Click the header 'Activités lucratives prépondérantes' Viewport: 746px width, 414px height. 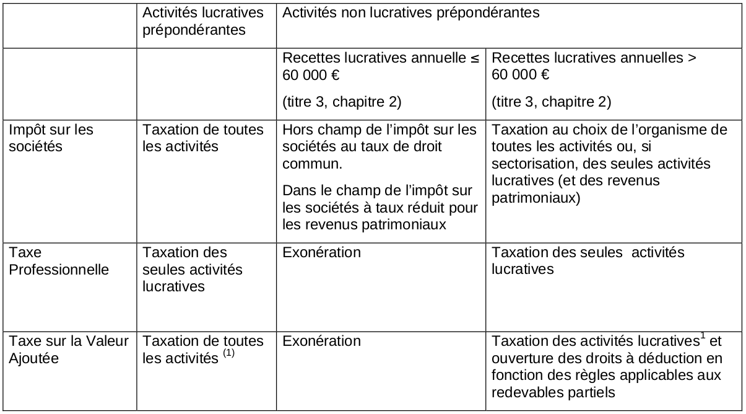[202, 20]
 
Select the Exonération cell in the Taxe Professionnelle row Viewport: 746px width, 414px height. [321, 253]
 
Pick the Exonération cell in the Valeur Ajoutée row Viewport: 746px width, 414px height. [321, 341]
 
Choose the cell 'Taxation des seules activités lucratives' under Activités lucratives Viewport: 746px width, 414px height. [193, 270]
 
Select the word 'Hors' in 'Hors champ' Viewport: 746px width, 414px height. [294, 130]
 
